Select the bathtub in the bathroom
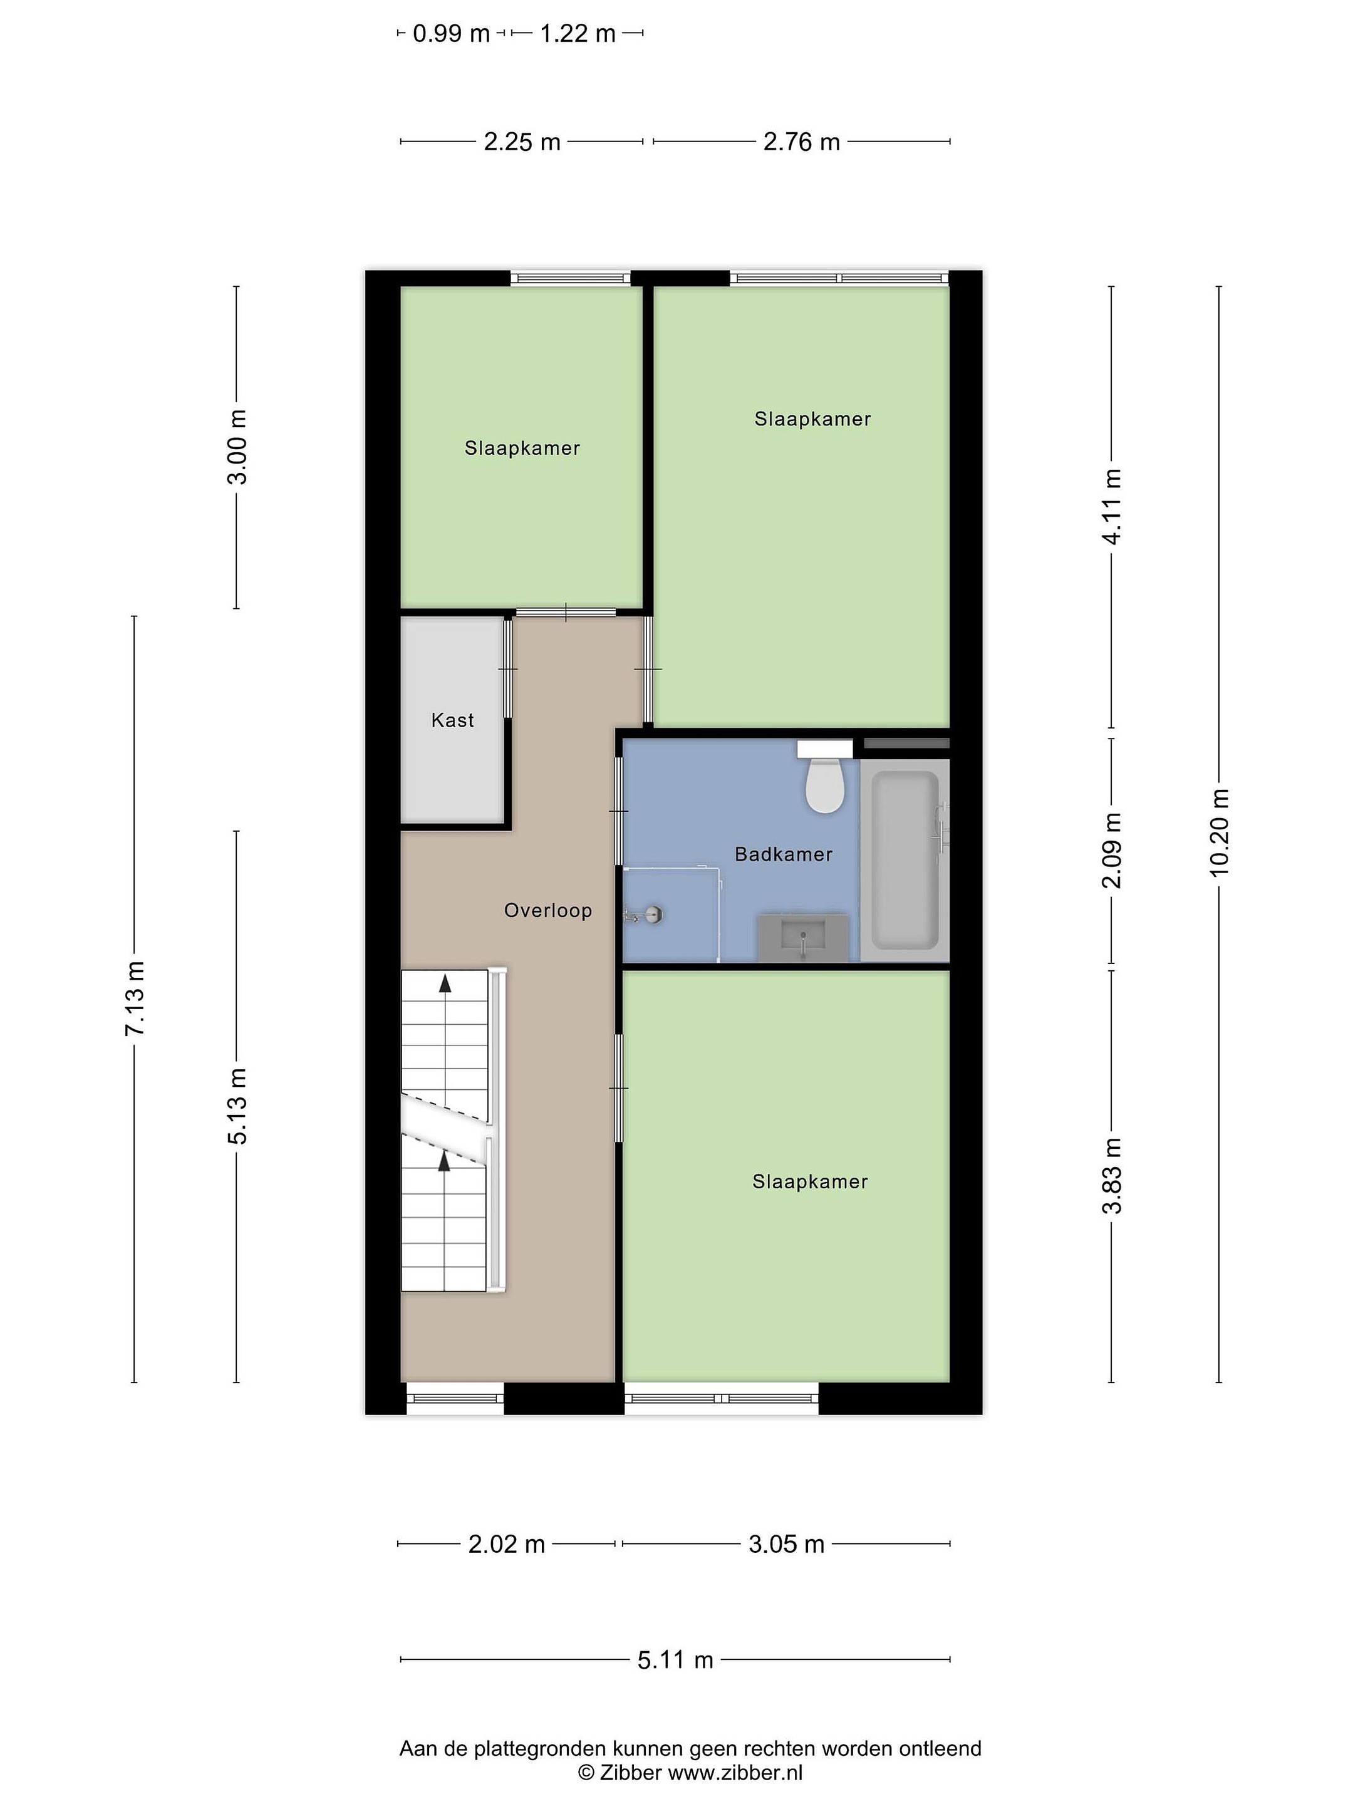click(x=905, y=861)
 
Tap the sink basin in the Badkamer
click(x=803, y=938)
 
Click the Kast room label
click(x=453, y=720)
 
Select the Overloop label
click(x=548, y=910)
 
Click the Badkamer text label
click(x=784, y=854)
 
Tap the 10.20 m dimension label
click(x=1218, y=832)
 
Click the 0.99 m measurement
click(x=451, y=33)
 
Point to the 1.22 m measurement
click(x=578, y=33)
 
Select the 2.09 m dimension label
click(x=1112, y=850)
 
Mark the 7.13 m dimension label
click(x=135, y=998)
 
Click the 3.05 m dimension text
click(x=786, y=1544)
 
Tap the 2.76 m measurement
click(x=801, y=142)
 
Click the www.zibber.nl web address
click(x=735, y=1772)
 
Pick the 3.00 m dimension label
click(x=237, y=447)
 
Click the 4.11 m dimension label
click(x=1112, y=505)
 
